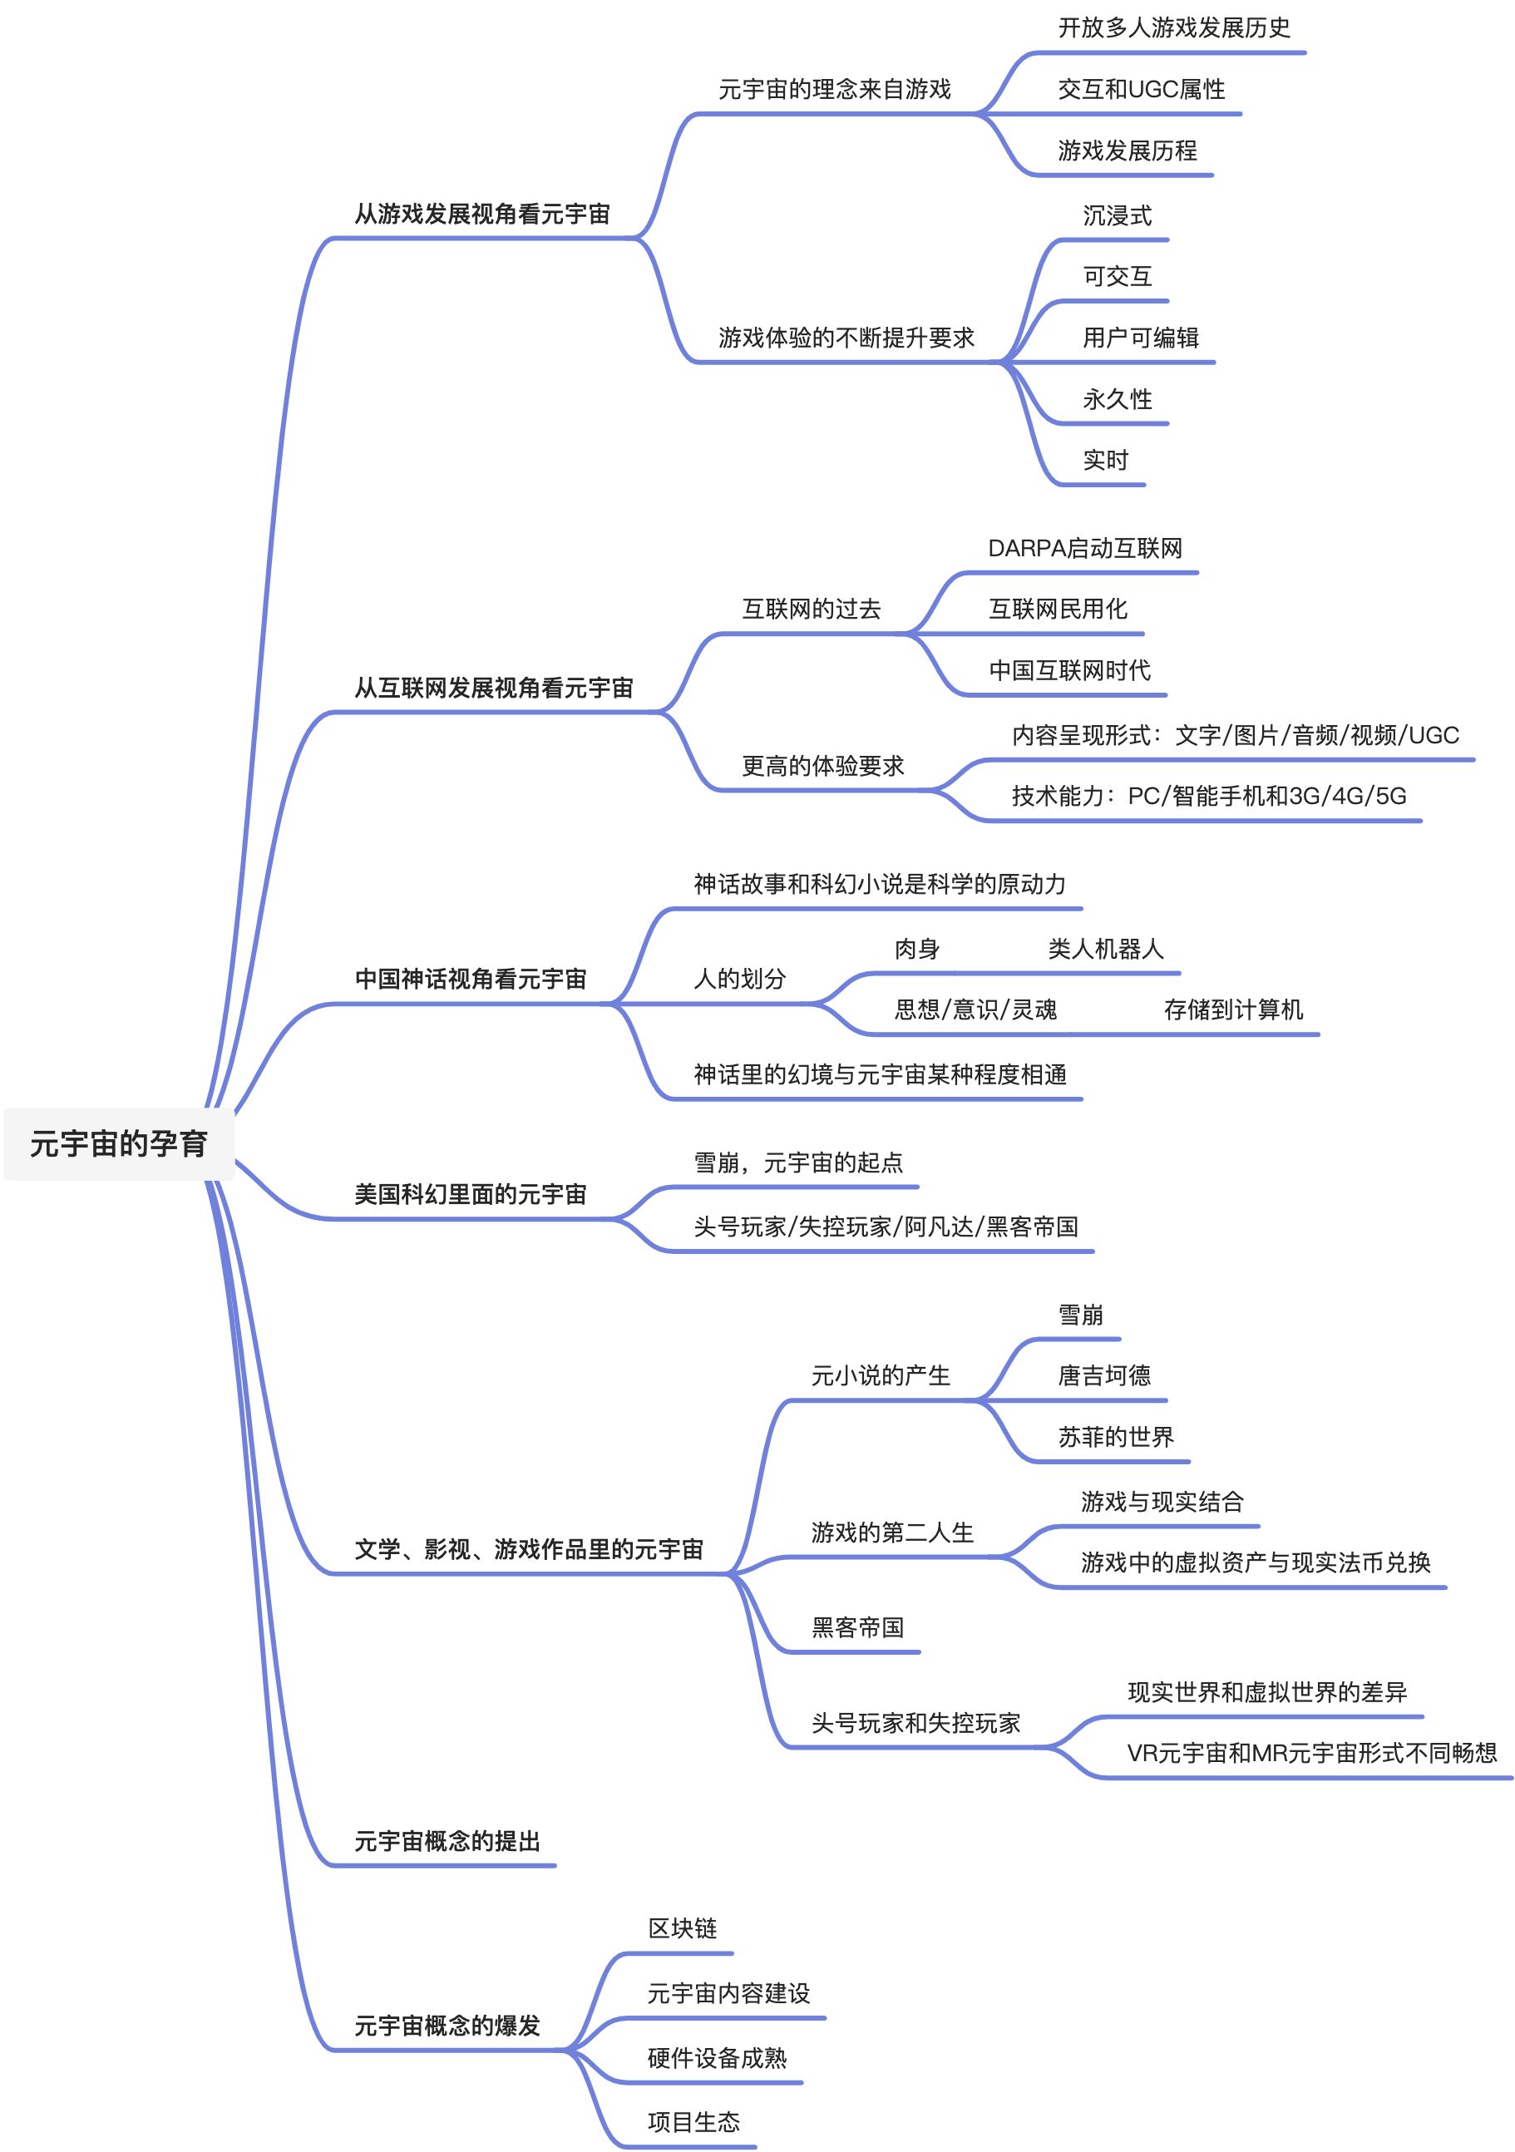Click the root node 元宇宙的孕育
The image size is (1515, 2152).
[x=118, y=1143]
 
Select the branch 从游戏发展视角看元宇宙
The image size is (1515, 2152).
[x=482, y=214]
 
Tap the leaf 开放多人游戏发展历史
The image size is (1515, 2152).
[x=1174, y=28]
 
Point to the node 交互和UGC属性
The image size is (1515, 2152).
[x=1141, y=89]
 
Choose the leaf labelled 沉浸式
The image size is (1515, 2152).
[x=1117, y=215]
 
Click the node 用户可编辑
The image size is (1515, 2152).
[x=1140, y=338]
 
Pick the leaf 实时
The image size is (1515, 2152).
[x=1105, y=460]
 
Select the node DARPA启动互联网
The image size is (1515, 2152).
[x=1084, y=548]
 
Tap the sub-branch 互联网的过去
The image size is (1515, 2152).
[x=811, y=610]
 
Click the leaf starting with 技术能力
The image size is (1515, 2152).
[x=1208, y=796]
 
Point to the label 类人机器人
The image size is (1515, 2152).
[x=1105, y=950]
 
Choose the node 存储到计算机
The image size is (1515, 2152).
[x=1233, y=1009]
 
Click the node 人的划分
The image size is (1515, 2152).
[x=738, y=980]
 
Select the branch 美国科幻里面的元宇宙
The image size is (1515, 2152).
[x=470, y=1194]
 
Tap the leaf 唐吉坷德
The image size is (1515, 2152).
[x=1104, y=1375]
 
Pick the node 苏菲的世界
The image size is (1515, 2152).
[x=1116, y=1437]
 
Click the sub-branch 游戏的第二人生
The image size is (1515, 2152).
[x=891, y=1533]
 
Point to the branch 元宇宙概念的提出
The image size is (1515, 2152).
[x=447, y=1841]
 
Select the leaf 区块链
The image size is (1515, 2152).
[x=682, y=1928]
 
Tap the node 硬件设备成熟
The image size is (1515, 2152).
[x=716, y=2058]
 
